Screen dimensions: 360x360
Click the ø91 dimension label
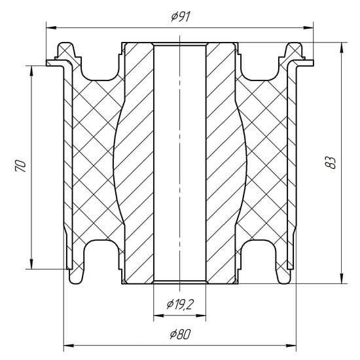click(x=181, y=17)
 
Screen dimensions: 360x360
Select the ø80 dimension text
click(x=180, y=334)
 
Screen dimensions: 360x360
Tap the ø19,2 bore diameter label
click(x=180, y=304)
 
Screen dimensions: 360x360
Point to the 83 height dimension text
click(x=331, y=163)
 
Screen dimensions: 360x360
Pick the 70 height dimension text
click(x=20, y=166)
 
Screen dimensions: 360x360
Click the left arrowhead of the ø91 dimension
click(x=51, y=27)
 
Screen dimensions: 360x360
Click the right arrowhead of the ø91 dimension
click(x=308, y=27)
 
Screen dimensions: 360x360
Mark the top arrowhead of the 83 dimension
click(x=342, y=48)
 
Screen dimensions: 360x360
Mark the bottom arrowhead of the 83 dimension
click(x=342, y=278)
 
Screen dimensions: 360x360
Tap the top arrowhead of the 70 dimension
click(x=31, y=71)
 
